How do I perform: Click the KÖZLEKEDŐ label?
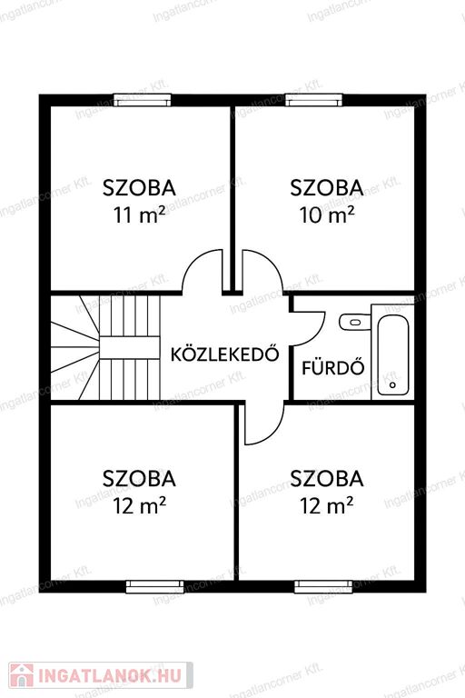225,354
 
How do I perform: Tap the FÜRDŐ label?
333,368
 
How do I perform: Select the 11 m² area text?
139,215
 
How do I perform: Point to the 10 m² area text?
327,215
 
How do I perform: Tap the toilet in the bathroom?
354,322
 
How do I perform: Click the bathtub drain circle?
392,385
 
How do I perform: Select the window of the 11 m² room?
143,100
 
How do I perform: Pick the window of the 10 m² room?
314,100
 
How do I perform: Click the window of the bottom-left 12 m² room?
155,587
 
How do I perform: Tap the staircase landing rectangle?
129,347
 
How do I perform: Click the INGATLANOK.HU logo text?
110,676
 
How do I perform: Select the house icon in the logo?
22,676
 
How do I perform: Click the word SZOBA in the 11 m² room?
139,188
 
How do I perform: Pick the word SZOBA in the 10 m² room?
327,188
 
